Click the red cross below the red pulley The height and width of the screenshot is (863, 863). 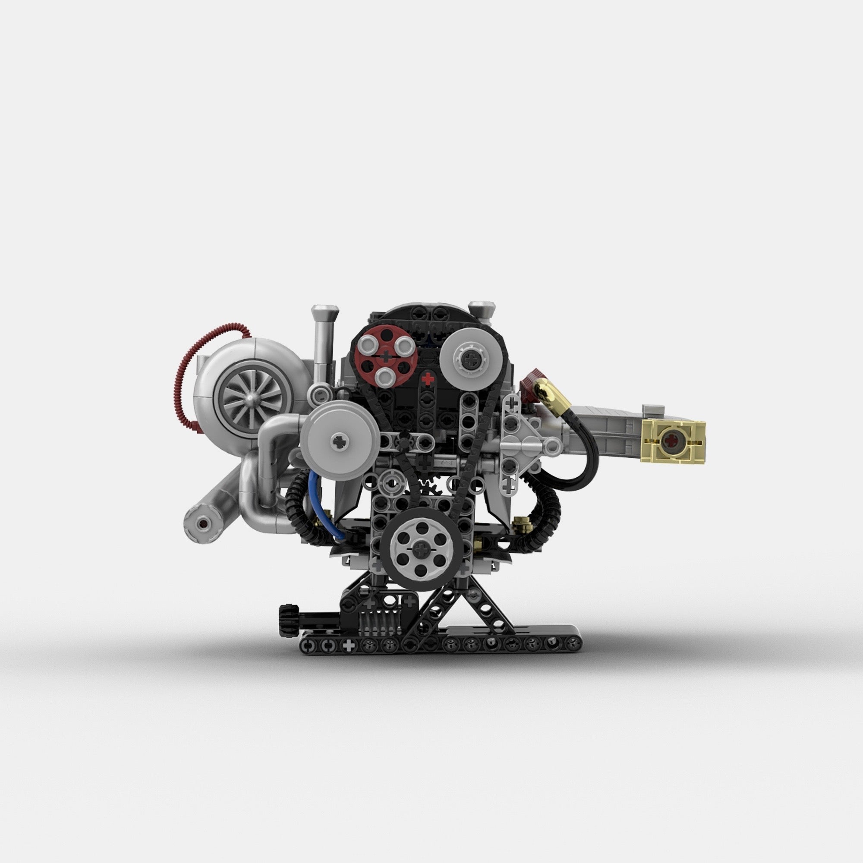coord(428,379)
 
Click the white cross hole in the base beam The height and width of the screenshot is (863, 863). coord(348,645)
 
